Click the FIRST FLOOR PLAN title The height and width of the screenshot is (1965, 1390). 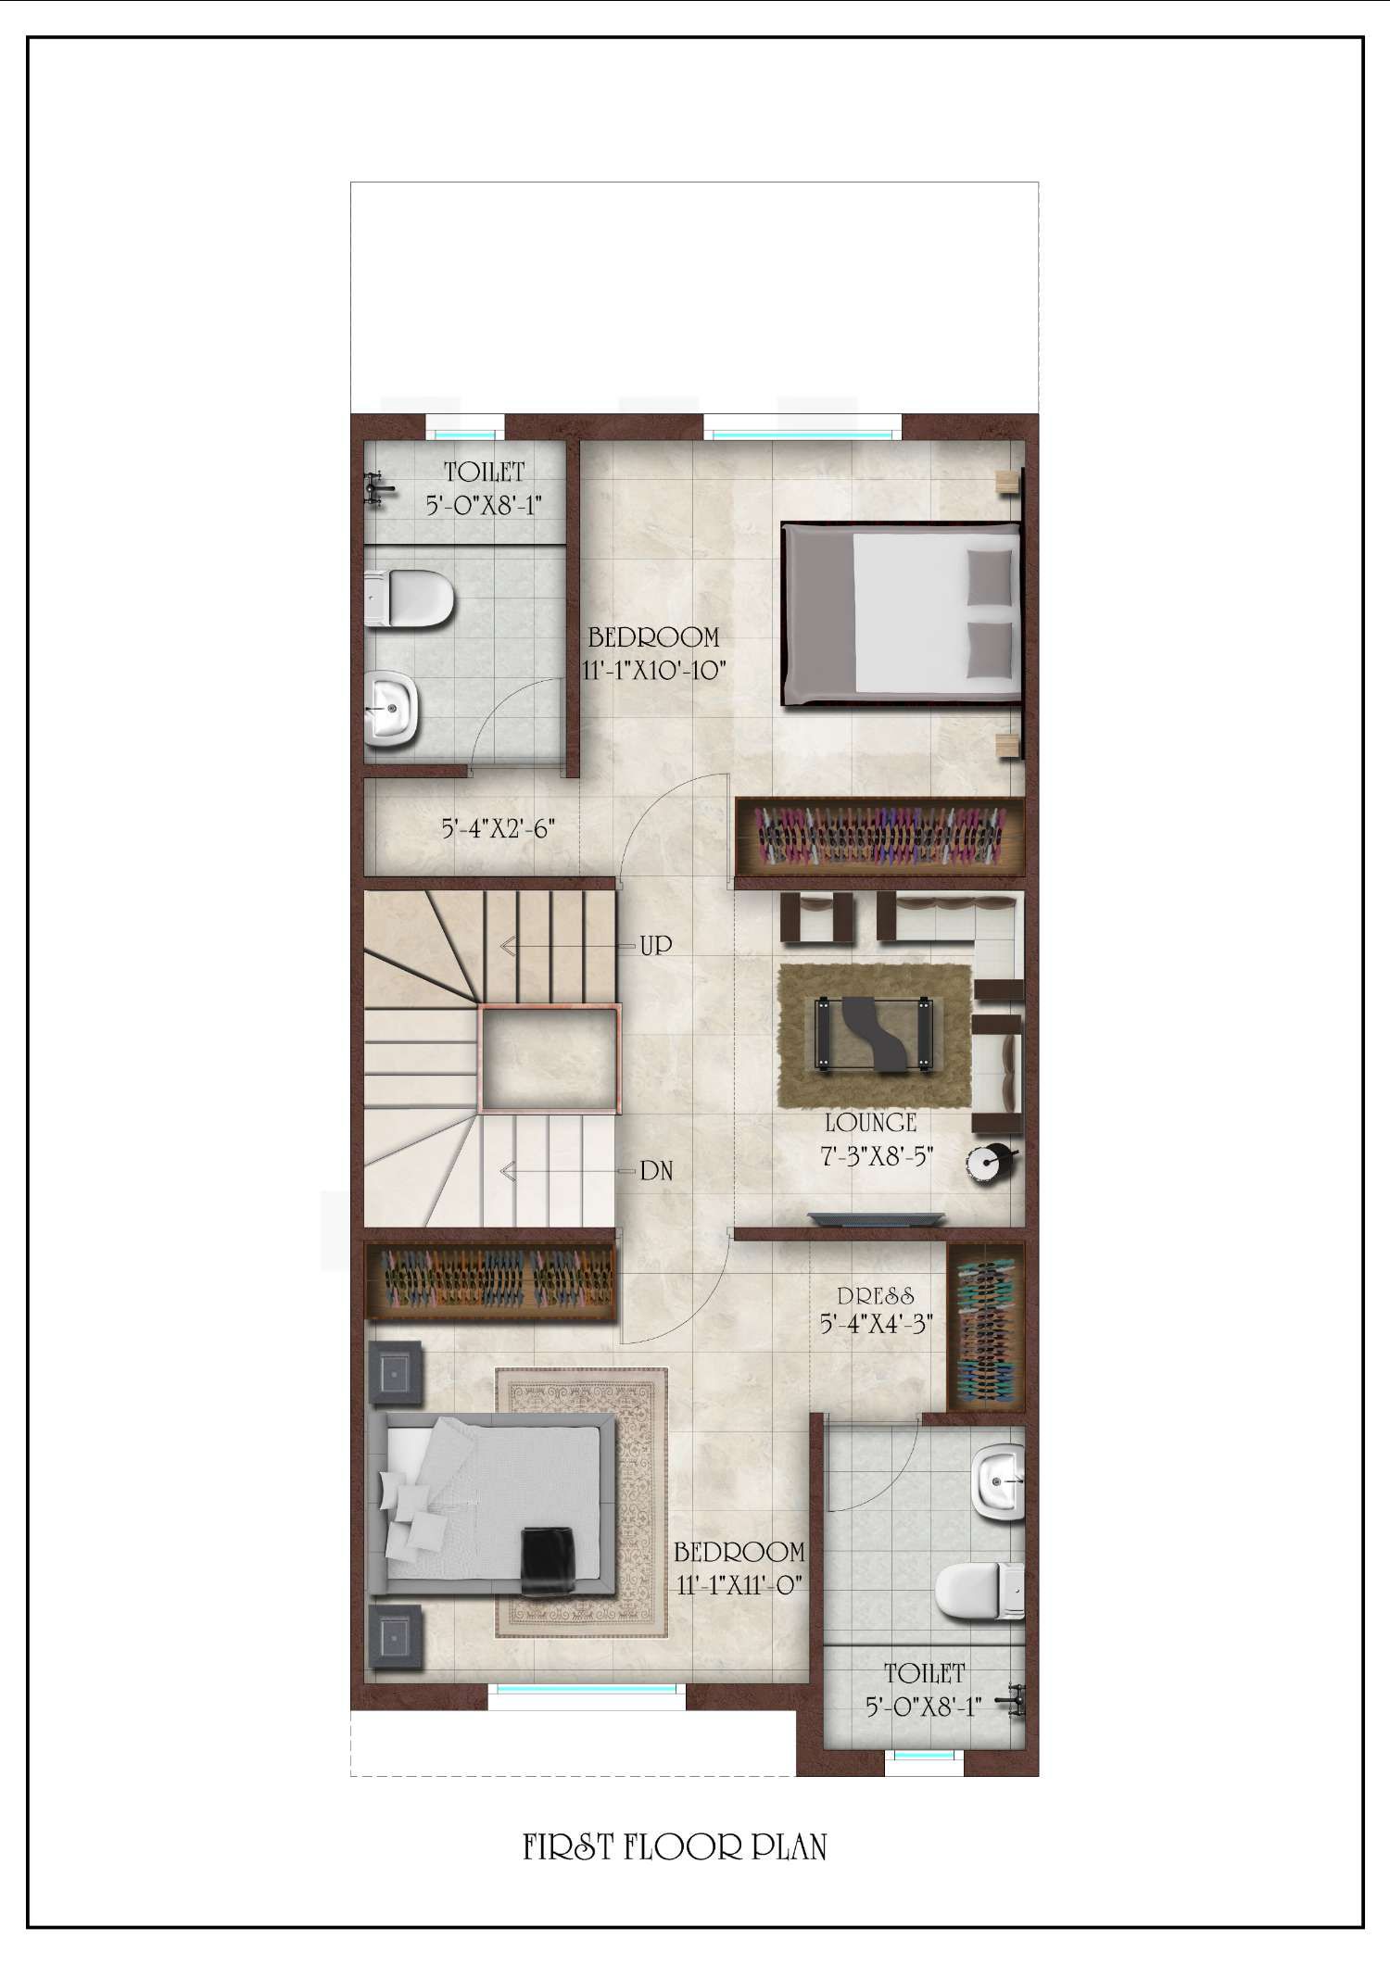[675, 1848]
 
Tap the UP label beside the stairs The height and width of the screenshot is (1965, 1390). [656, 946]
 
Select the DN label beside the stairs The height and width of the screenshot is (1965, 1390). [656, 1172]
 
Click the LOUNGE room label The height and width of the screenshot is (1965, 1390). [870, 1123]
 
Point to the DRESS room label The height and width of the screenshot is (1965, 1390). [876, 1296]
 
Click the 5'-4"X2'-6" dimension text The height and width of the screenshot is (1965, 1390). [499, 828]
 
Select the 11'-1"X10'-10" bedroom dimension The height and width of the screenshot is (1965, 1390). [654, 670]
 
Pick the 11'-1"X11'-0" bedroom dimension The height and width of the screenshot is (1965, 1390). [739, 1585]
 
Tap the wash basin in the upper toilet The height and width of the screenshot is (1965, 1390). [392, 710]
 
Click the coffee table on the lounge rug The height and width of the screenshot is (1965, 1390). [871, 1034]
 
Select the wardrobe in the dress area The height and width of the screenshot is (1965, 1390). [986, 1327]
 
